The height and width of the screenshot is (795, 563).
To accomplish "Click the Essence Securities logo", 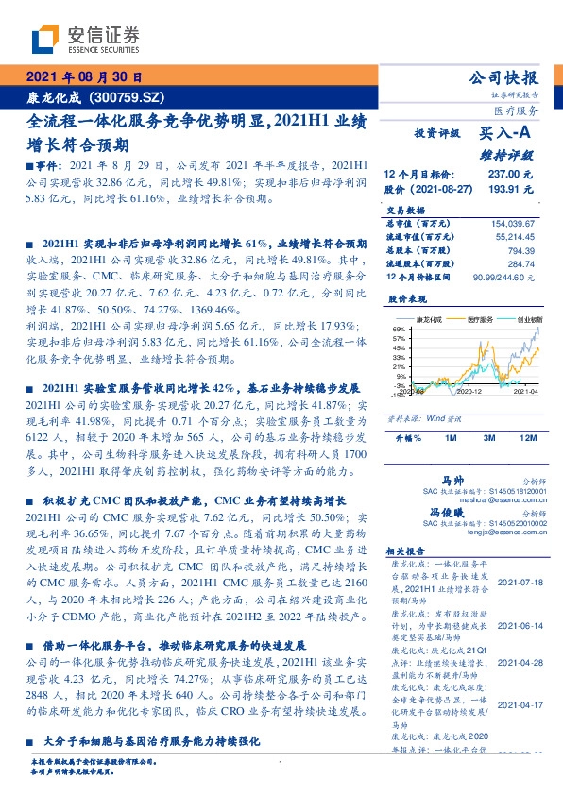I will (85, 39).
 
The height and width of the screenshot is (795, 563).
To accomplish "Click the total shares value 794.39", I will (521, 250).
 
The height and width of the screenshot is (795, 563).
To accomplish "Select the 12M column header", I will (527, 438).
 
